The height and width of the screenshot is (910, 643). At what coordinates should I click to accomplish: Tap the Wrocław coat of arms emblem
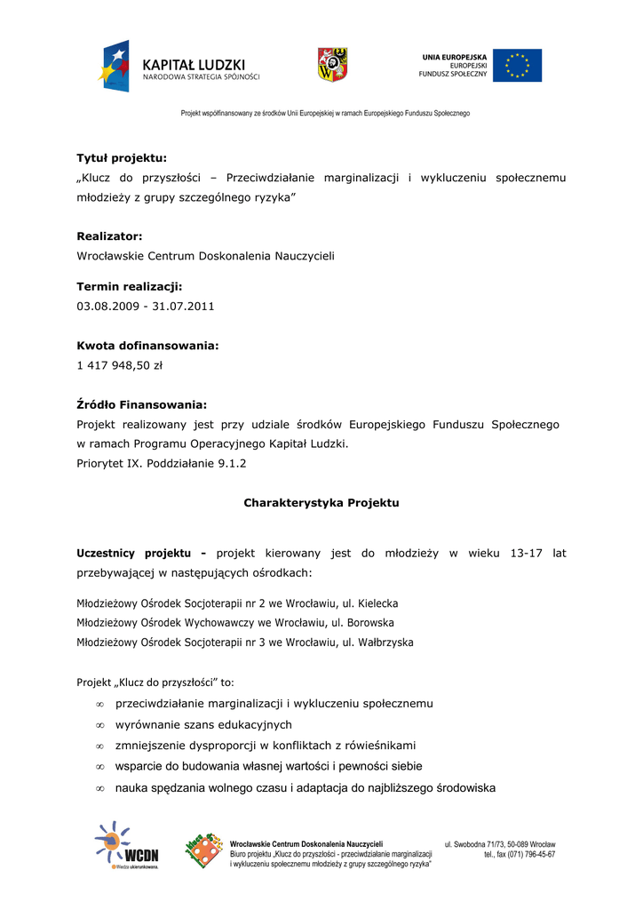tap(332, 65)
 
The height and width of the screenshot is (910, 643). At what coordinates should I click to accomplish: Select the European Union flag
tap(517, 66)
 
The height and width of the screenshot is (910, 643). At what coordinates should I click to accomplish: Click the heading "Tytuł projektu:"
tap(122, 158)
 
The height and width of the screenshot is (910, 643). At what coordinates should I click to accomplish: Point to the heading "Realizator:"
tap(109, 236)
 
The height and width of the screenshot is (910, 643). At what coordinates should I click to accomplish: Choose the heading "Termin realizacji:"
tap(129, 286)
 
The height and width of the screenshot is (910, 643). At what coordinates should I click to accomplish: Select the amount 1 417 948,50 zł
tap(120, 364)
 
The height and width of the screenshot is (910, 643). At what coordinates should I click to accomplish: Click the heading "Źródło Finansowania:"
tap(141, 404)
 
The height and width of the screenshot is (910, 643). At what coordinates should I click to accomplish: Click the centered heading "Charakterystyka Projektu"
tap(321, 503)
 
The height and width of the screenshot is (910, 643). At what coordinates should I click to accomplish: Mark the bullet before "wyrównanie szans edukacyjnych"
tap(100, 725)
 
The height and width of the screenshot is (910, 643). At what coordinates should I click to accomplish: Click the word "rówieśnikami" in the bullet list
tap(379, 746)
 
